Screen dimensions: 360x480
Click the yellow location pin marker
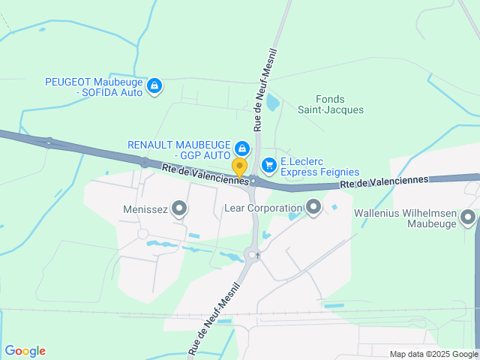[x=239, y=166]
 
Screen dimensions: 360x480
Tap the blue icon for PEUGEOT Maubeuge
[x=154, y=86]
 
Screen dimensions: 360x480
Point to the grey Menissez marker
[x=179, y=209]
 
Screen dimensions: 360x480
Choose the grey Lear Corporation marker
[x=313, y=206]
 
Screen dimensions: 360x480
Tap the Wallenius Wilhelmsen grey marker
[x=469, y=218]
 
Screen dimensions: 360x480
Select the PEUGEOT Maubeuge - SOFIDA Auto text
[x=94, y=86]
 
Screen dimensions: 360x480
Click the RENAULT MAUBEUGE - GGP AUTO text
[x=178, y=149]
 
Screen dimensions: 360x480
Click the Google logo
[x=25, y=351]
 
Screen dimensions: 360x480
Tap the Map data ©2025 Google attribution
[x=433, y=354]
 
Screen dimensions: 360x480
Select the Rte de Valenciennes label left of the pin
[x=205, y=175]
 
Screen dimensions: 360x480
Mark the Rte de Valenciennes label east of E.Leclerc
[x=383, y=181]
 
